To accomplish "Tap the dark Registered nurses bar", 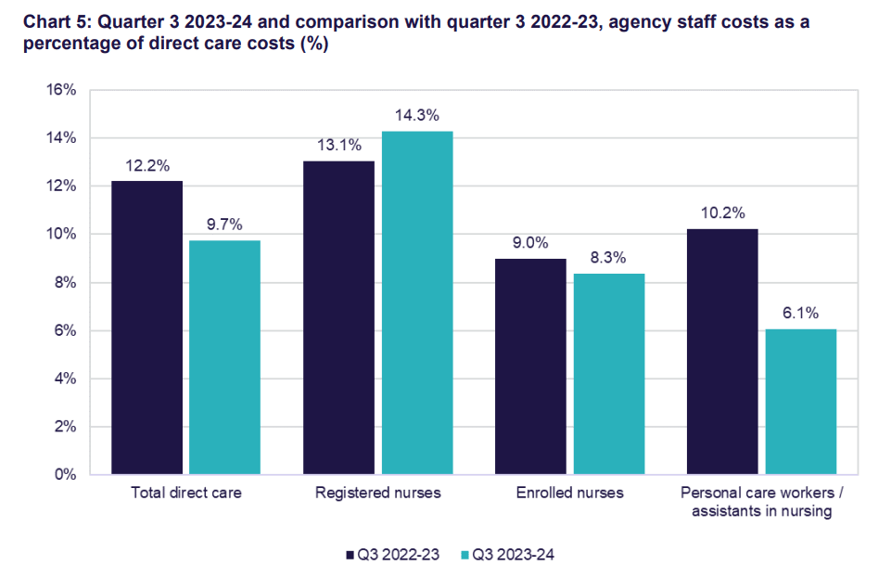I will point(338,317).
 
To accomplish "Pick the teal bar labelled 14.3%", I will point(416,302).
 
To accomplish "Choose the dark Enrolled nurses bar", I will point(530,366).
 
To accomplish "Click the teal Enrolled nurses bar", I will point(608,374).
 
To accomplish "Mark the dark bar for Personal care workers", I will point(722,352).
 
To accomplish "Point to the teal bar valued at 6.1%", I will point(800,402).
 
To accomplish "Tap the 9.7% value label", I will point(224,225).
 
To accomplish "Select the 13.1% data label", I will point(338,145).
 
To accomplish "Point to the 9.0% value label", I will point(530,243).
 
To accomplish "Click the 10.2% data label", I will point(722,213).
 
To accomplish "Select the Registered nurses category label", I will point(377,494).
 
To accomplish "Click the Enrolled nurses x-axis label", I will point(569,494).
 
